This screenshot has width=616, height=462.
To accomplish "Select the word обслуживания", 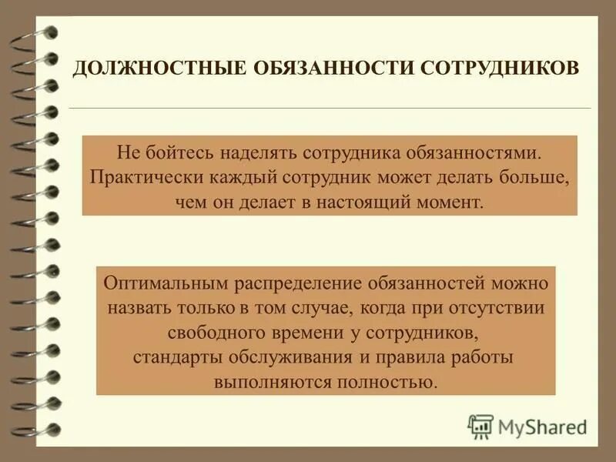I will (275, 357).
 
